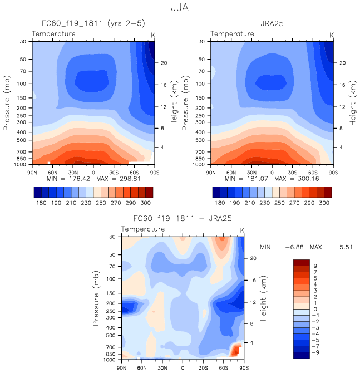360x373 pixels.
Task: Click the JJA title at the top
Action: tap(180, 9)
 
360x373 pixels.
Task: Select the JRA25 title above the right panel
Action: tap(272, 24)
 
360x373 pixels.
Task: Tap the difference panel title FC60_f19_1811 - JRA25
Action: tap(184, 219)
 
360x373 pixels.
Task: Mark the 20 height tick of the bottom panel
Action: tap(251, 258)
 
